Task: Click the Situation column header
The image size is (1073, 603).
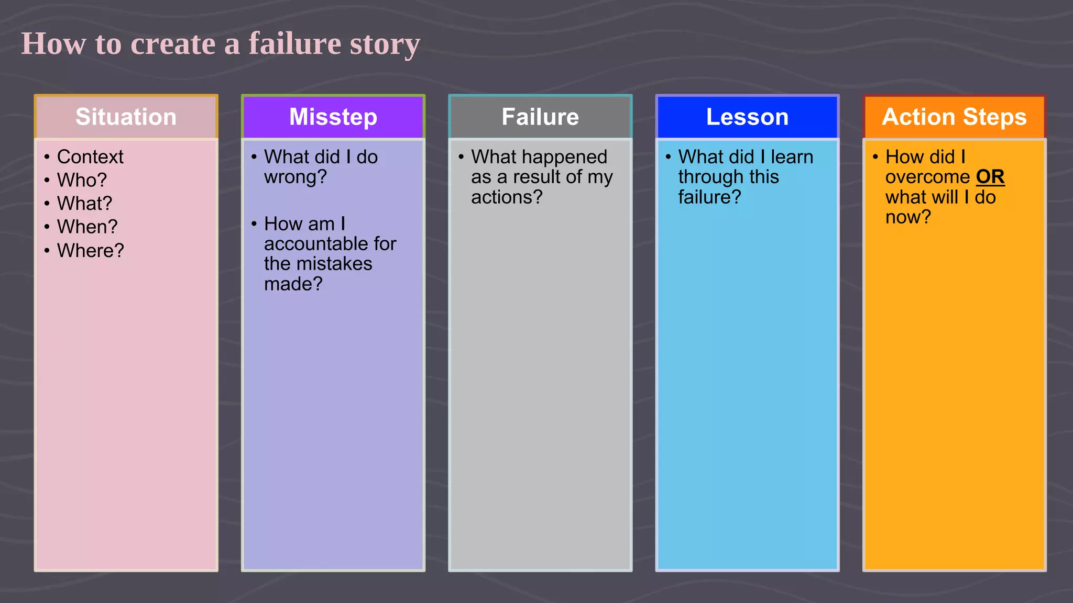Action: click(x=126, y=117)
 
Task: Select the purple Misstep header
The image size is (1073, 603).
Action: click(x=333, y=117)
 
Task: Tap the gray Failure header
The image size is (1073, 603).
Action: click(x=540, y=117)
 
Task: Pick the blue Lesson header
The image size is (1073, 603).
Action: click(x=747, y=117)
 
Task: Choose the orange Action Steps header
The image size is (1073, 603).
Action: click(x=954, y=117)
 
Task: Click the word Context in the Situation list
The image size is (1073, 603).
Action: click(x=90, y=157)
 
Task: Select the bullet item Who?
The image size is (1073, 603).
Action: click(x=82, y=180)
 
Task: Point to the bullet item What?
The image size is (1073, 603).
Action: click(x=84, y=204)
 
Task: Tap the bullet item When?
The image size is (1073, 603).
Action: click(x=87, y=227)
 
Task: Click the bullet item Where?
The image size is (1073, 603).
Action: click(x=90, y=251)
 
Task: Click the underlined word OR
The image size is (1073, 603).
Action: click(x=990, y=177)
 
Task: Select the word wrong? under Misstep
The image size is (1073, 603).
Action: click(x=295, y=177)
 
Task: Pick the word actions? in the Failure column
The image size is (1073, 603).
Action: click(x=507, y=197)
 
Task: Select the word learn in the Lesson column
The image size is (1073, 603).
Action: click(x=792, y=157)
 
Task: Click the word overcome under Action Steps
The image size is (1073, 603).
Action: click(x=927, y=177)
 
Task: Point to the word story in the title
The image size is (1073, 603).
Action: click(x=385, y=43)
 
